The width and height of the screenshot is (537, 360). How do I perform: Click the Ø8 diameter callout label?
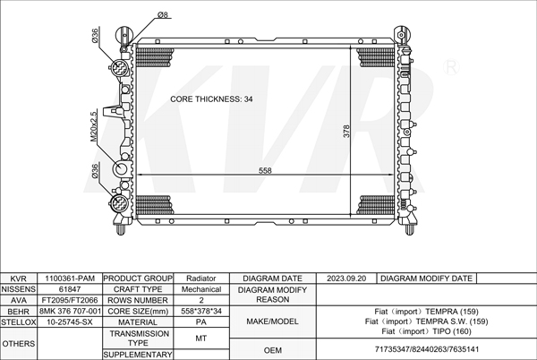coord(163,14)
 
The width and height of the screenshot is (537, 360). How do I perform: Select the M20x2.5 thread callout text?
coord(94,125)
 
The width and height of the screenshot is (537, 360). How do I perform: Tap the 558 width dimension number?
coord(265,170)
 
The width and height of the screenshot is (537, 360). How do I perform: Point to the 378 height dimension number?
coord(346,131)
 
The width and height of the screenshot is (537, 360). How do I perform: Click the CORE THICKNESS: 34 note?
coord(211,99)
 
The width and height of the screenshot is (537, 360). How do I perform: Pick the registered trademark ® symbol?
coord(451,67)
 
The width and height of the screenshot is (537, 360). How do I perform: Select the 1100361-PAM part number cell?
coord(70,279)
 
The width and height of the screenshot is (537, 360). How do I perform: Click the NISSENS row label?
coord(19,289)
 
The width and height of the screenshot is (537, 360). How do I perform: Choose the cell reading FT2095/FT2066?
coord(70,300)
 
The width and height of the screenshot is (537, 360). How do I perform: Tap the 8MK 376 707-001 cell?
coord(70,312)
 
